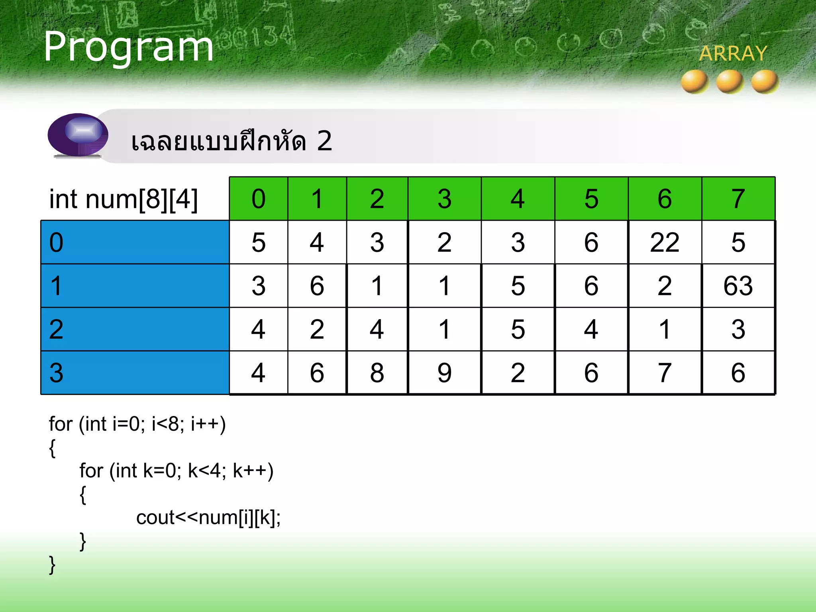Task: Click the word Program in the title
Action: point(128,47)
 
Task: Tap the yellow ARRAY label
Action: point(733,53)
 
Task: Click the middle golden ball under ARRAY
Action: point(730,81)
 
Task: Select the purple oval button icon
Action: point(78,135)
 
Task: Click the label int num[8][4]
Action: point(123,199)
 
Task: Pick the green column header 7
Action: point(738,198)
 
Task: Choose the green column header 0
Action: point(258,198)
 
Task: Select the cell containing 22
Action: point(664,242)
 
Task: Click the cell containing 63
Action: point(738,286)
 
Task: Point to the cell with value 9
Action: point(444,373)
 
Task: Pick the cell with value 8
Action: point(377,373)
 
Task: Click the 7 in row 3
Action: point(664,373)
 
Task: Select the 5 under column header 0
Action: point(258,242)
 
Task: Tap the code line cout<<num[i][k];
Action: point(208,518)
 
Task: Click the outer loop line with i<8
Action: point(137,424)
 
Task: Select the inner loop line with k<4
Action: point(176,471)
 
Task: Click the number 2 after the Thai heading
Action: point(324,141)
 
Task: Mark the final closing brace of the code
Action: point(52,565)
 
